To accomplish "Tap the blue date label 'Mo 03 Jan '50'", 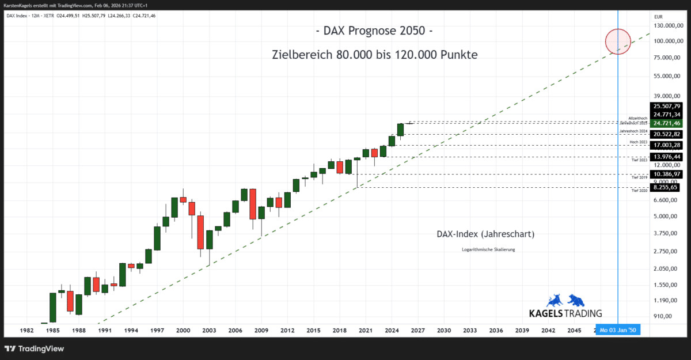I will coord(618,331).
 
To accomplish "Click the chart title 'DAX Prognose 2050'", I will coord(373,30).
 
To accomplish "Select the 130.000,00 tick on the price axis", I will coord(667,26).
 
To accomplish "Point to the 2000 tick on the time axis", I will coord(183,331).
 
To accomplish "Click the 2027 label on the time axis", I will coord(417,331).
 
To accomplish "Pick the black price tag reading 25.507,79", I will coord(667,106).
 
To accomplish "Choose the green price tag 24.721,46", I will coord(667,123).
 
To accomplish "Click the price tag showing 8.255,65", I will coord(667,187).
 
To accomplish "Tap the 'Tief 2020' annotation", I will coord(640,191).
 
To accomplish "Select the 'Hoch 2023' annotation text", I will coord(639,141).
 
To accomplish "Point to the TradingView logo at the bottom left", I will coord(34,348).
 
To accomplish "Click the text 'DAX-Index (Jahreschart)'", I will coord(486,234).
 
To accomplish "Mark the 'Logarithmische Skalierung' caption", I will coord(488,249).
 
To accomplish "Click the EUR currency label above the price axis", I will coord(659,17).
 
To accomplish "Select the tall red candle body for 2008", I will coord(252,204).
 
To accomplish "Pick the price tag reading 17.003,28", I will coord(667,145).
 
